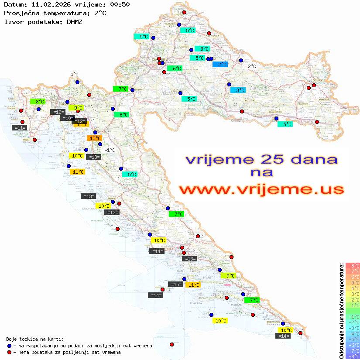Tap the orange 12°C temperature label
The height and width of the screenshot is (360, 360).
tap(94, 138)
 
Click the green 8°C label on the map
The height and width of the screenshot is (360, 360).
tap(38, 102)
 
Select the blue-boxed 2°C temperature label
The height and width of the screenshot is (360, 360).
tap(220, 65)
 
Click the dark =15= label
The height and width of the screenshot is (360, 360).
tap(175, 285)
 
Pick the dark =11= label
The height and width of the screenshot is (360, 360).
tap(20, 128)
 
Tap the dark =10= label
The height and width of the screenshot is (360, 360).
tap(67, 118)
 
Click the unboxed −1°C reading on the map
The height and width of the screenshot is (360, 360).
tap(110, 150)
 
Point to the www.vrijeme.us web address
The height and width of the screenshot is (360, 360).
tap(261, 189)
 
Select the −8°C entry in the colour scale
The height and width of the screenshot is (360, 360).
tap(353, 356)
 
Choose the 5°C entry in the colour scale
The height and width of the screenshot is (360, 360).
tap(353, 282)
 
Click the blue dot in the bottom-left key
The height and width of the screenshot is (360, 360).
tap(10, 346)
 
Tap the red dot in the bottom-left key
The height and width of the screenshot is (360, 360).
tap(10, 352)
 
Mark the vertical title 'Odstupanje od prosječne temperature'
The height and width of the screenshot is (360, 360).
tap(341, 311)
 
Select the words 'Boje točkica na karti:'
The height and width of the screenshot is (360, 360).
tap(35, 339)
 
